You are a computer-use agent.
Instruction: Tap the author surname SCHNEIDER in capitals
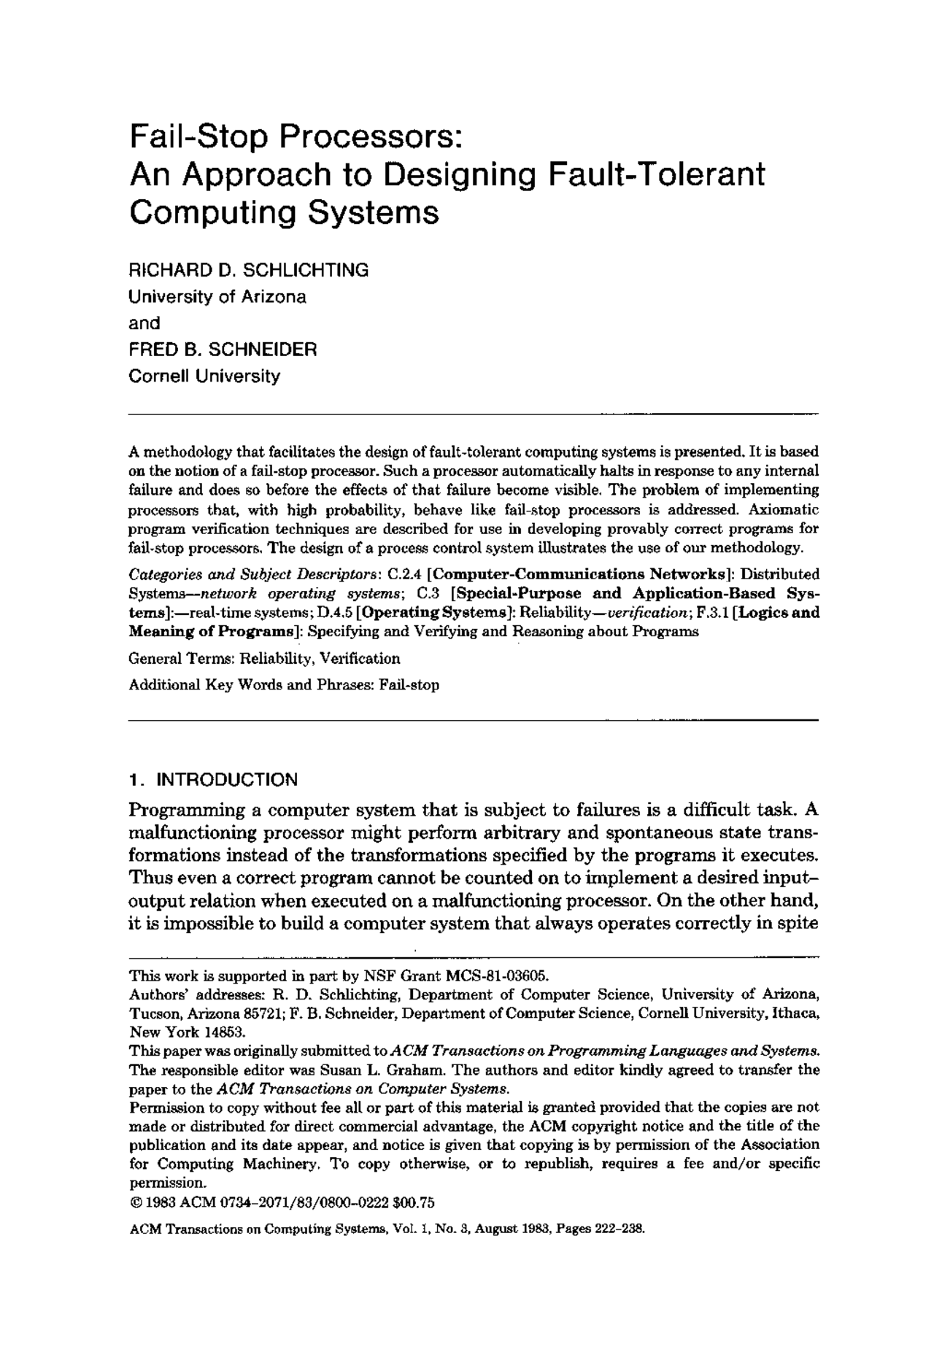click(x=263, y=349)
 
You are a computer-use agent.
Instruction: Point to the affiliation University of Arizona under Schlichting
click(x=217, y=297)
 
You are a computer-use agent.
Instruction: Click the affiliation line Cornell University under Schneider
click(x=204, y=376)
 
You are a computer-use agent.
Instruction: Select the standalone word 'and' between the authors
click(x=144, y=323)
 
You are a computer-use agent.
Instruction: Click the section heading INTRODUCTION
click(x=228, y=780)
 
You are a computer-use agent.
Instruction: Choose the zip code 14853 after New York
click(x=225, y=1032)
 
